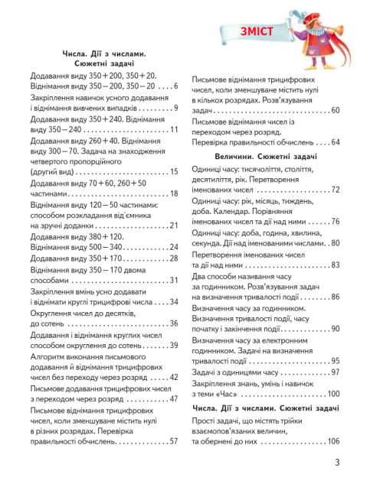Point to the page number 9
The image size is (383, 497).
[175, 108]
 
